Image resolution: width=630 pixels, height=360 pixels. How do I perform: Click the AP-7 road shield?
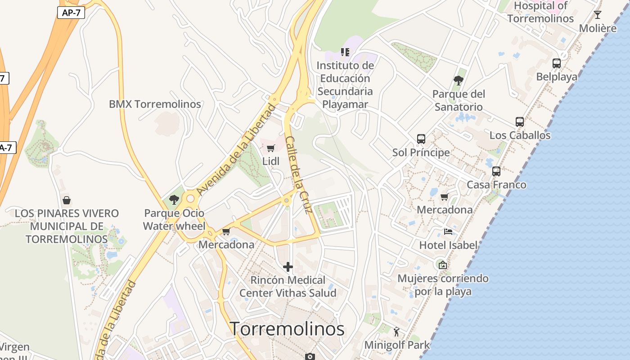point(71,13)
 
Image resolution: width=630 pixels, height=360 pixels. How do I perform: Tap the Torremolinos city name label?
point(287,329)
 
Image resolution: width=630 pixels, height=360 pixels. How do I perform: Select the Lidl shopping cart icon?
point(270,148)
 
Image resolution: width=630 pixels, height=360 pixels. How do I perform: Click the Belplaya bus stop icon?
point(557,63)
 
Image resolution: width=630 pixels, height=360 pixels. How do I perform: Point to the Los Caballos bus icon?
point(520,121)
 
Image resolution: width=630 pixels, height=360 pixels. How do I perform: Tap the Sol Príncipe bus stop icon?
point(421,139)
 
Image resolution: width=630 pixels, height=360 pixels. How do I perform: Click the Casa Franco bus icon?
point(496,171)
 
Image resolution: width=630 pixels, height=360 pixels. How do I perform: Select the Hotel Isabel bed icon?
point(448,231)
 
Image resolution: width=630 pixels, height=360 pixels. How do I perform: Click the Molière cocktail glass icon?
point(598,15)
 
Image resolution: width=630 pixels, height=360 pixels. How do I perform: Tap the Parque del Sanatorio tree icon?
point(459,81)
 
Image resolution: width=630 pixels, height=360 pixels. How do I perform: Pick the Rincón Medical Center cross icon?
point(288,267)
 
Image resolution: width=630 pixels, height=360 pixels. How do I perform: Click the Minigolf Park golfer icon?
point(396,332)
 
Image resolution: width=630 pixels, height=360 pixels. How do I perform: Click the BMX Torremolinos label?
point(155,104)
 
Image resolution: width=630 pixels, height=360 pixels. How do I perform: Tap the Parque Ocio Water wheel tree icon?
point(174,199)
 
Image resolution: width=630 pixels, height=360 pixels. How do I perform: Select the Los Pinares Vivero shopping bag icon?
point(67,200)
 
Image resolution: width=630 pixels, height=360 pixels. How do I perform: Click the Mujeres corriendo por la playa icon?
point(443,265)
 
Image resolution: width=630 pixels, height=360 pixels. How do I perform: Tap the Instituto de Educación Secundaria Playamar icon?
point(345,52)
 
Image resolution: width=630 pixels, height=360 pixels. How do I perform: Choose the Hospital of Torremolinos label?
point(540,12)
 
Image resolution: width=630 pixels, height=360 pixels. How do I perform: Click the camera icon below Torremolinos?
point(310,356)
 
